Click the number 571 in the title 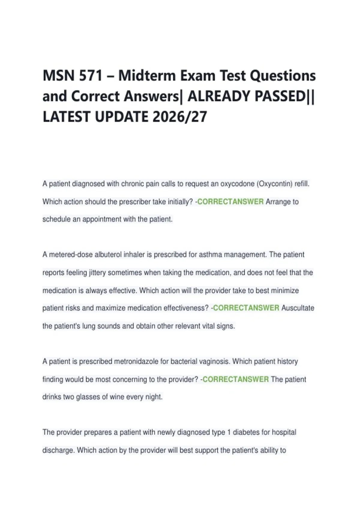pos(91,75)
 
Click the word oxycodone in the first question pos(237,184)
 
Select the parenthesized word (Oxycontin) pos(274,184)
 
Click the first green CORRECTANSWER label pos(230,202)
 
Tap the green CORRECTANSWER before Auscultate pos(246,308)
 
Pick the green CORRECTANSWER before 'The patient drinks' pos(236,379)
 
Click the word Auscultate pos(298,308)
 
